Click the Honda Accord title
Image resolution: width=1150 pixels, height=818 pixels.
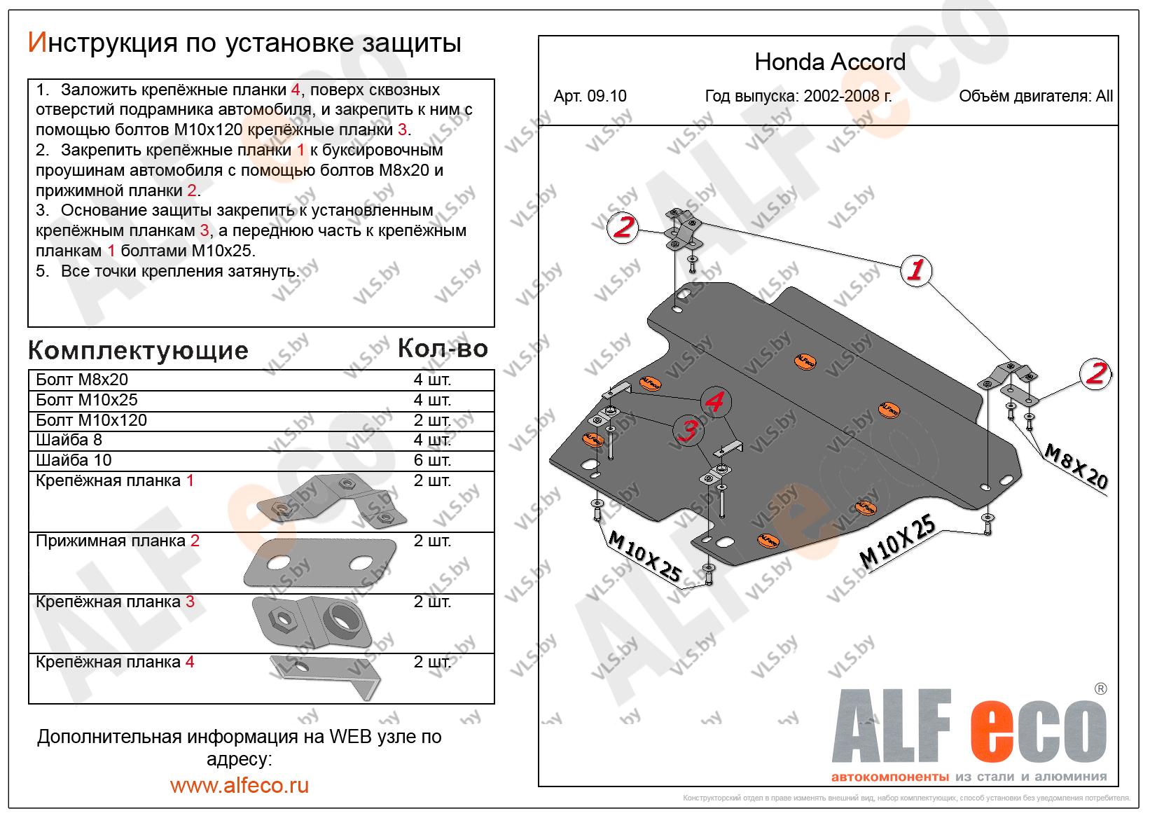click(x=829, y=62)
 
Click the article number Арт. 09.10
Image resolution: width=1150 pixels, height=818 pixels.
click(x=590, y=97)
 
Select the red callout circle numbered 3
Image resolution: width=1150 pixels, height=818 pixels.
click(x=690, y=431)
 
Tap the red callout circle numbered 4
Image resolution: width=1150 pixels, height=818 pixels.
click(x=714, y=402)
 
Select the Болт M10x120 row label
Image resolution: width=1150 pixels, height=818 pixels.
click(x=91, y=420)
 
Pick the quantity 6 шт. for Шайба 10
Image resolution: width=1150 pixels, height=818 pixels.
click(x=432, y=460)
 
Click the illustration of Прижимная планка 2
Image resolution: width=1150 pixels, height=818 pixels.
click(x=319, y=563)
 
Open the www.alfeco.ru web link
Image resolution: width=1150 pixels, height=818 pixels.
click(x=239, y=785)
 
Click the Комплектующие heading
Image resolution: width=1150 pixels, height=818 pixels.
click(x=138, y=350)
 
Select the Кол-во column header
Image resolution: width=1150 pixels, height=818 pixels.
click(x=442, y=348)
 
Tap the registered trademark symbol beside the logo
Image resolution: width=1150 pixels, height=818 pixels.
click(x=1100, y=689)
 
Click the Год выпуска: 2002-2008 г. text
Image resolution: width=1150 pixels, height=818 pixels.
click(x=798, y=97)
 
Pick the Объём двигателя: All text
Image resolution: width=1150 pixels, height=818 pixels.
click(x=1035, y=97)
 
